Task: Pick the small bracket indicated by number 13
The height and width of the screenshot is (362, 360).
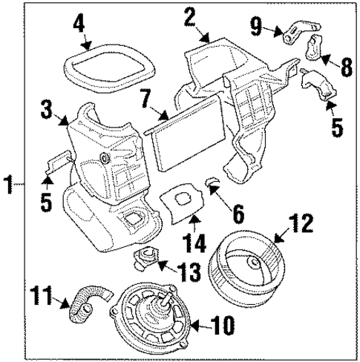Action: pos(145,260)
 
